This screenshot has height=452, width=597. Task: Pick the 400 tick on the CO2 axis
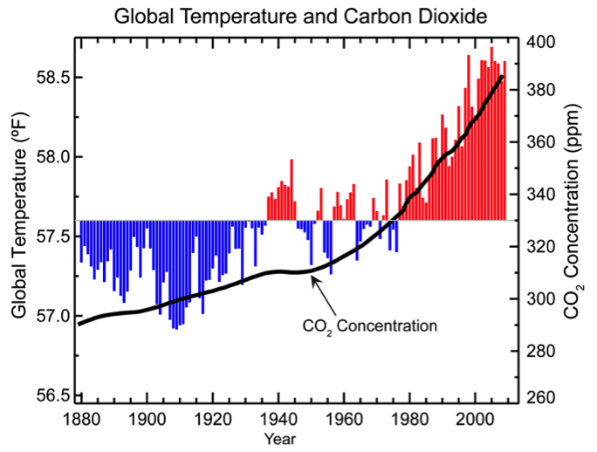tap(541, 42)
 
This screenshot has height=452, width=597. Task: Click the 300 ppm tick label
tap(541, 299)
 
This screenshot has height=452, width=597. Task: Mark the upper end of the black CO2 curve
tap(502, 77)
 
